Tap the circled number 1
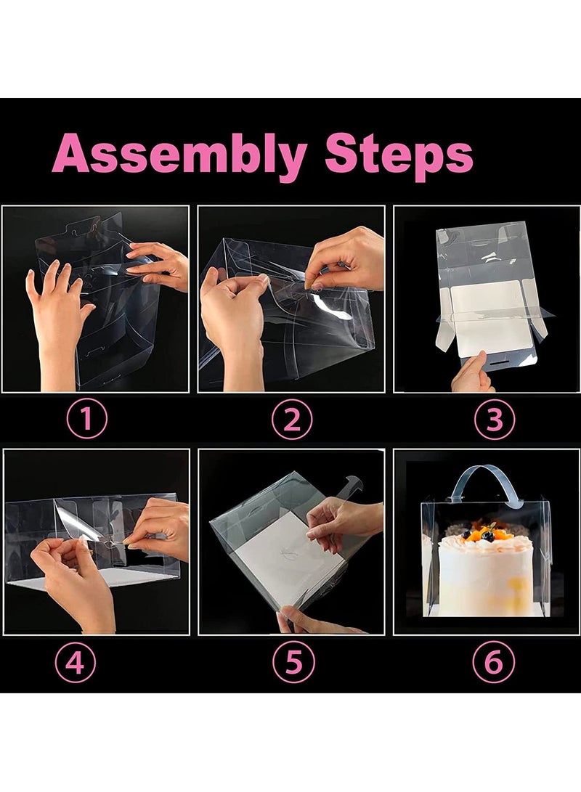[x=87, y=419]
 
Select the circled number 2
[x=292, y=420]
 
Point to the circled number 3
[x=495, y=420]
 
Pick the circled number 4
[x=76, y=662]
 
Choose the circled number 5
[x=293, y=662]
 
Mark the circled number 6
[x=494, y=662]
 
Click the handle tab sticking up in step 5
[x=353, y=487]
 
